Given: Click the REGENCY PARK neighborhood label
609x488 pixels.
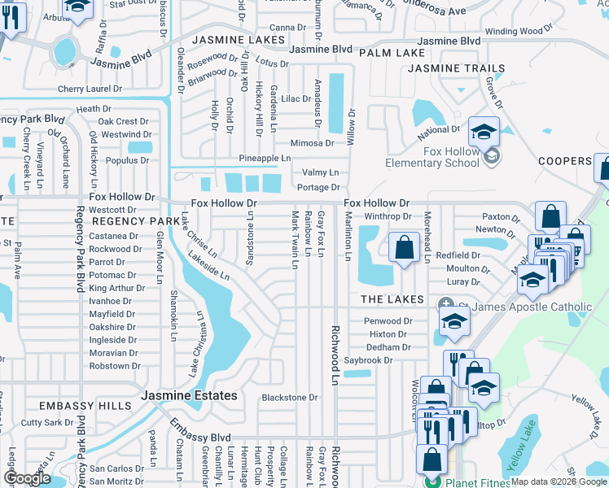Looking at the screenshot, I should [135, 221].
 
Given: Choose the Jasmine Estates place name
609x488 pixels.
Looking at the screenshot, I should [190, 396].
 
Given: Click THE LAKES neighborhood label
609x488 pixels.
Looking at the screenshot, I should [392, 299].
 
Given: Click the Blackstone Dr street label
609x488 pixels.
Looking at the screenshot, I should [289, 398].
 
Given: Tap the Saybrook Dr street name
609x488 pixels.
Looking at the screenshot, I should [368, 360].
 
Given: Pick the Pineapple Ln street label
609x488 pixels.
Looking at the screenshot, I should [265, 158].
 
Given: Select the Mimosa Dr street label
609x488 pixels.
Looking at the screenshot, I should [313, 143].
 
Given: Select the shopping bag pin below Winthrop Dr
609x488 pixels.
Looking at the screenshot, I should [404, 246].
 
